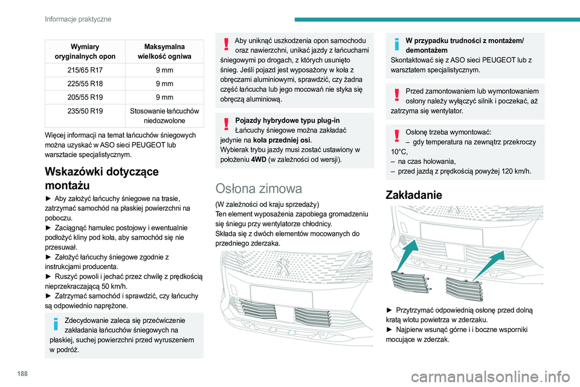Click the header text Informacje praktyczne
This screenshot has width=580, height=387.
click(x=78, y=19)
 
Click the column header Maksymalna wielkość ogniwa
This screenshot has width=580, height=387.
click(x=165, y=51)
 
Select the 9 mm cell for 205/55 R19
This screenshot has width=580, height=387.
click(x=165, y=97)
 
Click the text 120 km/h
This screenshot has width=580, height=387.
click(x=514, y=172)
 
